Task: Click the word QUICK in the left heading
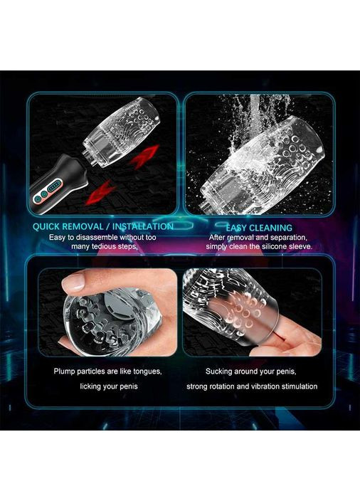[x=46, y=226]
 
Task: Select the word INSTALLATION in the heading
[x=143, y=226]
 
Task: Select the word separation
[x=290, y=238]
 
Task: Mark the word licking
[x=90, y=386]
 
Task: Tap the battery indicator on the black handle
[x=55, y=186]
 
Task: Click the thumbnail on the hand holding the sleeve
[x=73, y=282]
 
